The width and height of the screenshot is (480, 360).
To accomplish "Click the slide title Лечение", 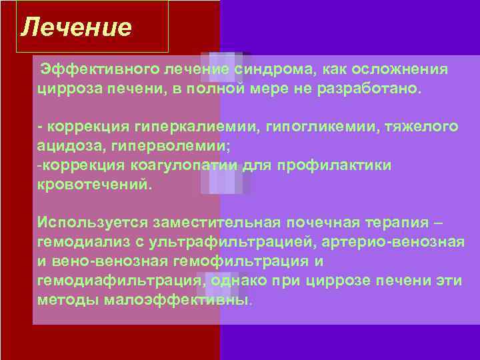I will (76, 27).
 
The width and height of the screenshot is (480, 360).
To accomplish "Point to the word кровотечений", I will (95, 184).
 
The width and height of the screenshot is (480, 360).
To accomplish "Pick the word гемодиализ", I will (79, 241).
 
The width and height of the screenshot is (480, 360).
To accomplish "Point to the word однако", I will (236, 279).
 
